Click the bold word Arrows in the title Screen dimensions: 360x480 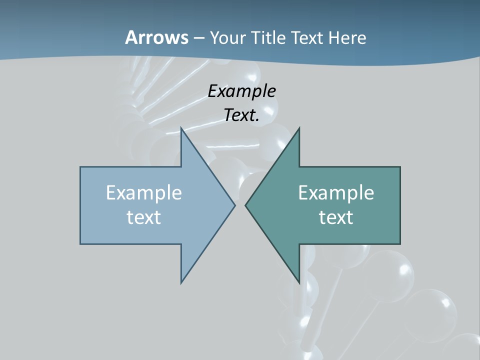[x=156, y=37]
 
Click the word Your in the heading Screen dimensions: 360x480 [x=227, y=38]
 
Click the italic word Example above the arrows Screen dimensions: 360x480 [x=241, y=91]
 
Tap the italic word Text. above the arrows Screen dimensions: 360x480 [x=241, y=115]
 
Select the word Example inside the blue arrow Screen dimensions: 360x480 [x=144, y=193]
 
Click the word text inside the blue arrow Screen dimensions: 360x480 [x=144, y=217]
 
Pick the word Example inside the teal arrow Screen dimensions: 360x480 [x=336, y=193]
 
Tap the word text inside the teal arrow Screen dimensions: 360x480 [x=336, y=217]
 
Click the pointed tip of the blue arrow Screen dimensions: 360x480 [x=234, y=205]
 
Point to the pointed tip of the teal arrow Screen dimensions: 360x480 [x=245, y=205]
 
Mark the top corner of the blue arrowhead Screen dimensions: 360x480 [x=181, y=128]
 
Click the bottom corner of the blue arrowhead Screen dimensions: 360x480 [x=181, y=283]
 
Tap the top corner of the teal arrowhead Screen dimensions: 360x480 [x=299, y=128]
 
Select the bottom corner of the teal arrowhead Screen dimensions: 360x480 [x=299, y=283]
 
